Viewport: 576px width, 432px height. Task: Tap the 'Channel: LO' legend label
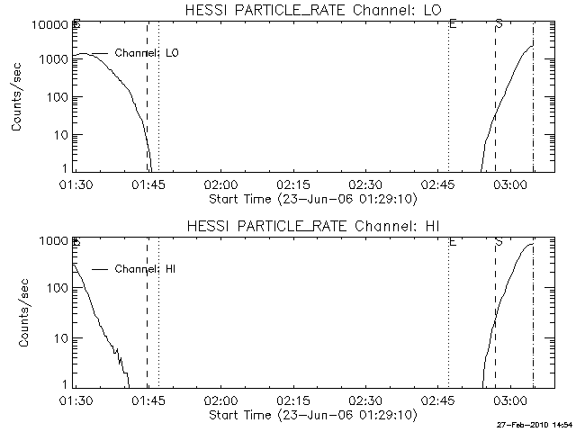[x=148, y=53]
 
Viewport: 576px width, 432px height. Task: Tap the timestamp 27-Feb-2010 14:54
[x=535, y=424]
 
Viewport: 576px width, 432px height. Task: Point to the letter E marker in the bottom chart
[x=452, y=241]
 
